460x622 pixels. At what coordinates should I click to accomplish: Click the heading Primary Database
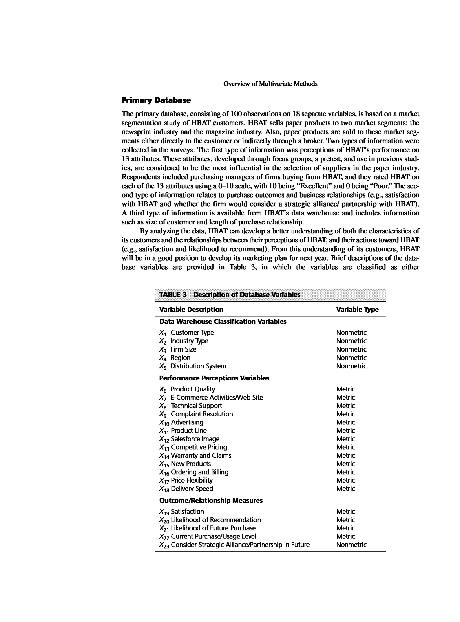[156, 100]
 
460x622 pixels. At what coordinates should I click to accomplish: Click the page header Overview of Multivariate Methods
[270, 84]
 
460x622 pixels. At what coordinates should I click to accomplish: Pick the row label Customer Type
[192, 333]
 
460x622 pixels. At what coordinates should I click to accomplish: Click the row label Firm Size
[183, 349]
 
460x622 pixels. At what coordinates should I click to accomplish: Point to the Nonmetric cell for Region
[351, 358]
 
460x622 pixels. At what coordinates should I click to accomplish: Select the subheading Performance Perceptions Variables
[214, 378]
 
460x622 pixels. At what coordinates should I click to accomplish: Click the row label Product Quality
[193, 389]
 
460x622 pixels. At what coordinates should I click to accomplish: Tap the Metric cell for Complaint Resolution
[345, 414]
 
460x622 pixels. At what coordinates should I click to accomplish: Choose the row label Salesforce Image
[195, 439]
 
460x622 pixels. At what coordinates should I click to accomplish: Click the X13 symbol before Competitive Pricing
[164, 448]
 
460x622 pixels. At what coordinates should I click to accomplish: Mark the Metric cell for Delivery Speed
[345, 488]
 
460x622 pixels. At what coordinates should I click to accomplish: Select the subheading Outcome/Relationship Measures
[211, 500]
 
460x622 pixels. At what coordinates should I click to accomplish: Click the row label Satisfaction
[187, 512]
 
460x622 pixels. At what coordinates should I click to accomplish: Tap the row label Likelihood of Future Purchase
[213, 528]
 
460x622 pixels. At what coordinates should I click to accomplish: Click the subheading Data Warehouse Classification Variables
[223, 321]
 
